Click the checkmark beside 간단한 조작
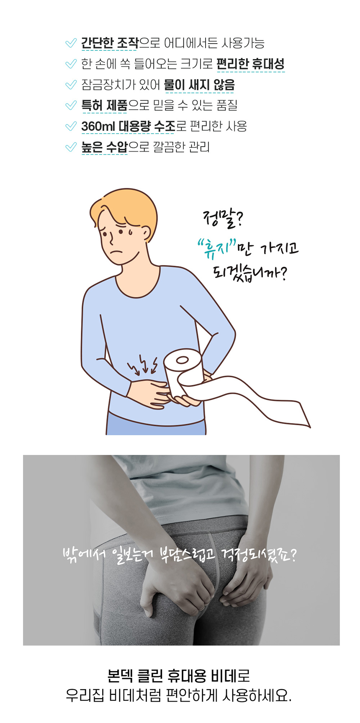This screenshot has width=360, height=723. click(71, 43)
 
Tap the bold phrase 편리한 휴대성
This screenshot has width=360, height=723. click(250, 64)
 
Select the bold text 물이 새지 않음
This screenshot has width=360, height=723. click(199, 85)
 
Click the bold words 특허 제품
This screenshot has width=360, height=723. click(104, 105)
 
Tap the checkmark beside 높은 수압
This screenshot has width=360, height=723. click(71, 147)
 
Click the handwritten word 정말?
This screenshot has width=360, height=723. click(223, 219)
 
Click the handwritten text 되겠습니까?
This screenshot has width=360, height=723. click(250, 273)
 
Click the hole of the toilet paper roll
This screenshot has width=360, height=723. click(182, 360)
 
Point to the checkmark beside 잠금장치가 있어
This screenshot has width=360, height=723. click(71, 85)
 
